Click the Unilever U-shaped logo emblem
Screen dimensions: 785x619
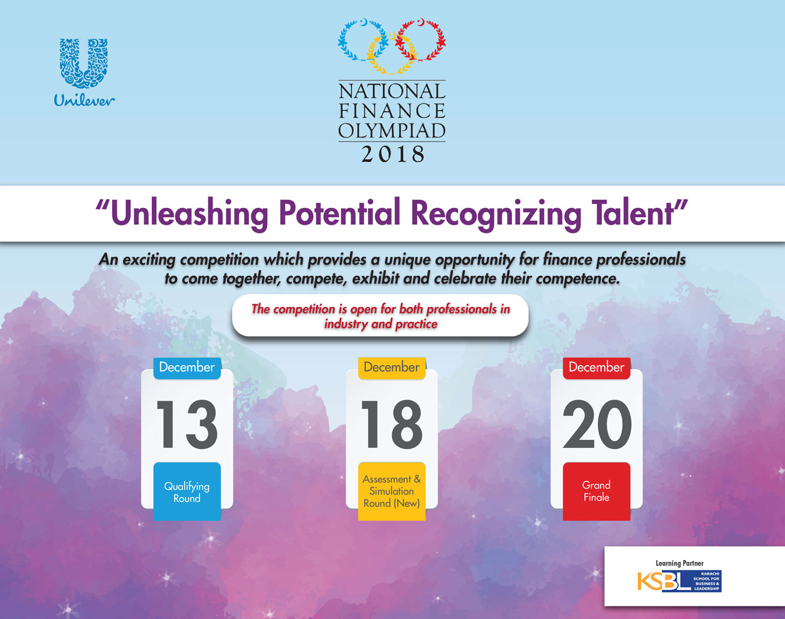84,63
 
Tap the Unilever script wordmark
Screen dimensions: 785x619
84,100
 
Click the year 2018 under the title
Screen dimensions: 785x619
392,154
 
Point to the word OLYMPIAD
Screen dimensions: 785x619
392,130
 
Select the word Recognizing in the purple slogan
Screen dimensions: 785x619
496,215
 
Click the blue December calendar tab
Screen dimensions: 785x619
187,368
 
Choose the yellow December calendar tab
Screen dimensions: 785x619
392,368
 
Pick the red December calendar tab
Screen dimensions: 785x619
596,368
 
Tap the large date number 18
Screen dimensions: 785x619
392,424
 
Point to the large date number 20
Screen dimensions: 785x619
597,424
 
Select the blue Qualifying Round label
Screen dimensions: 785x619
187,491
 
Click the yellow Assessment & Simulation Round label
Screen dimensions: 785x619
392,491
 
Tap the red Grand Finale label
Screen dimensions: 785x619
596,491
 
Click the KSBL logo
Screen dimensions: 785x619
679,581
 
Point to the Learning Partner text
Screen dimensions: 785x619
680,564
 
